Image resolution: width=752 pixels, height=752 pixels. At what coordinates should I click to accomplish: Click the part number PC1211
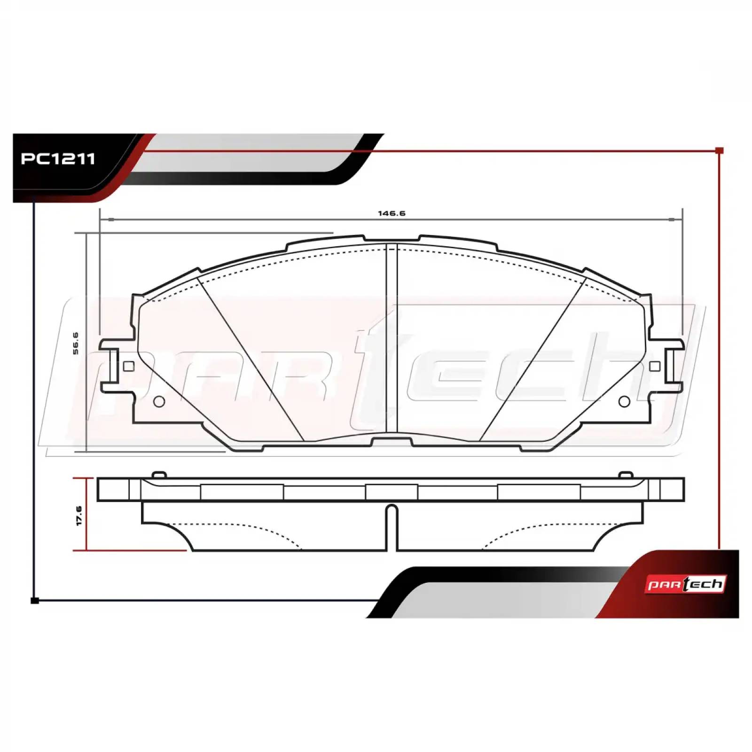click(x=58, y=159)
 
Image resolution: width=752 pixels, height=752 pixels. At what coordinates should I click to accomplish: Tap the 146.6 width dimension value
click(x=392, y=213)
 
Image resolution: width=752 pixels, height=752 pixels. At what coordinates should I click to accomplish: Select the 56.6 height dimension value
click(x=76, y=343)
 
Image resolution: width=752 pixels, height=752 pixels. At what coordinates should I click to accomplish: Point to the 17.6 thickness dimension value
click(x=79, y=516)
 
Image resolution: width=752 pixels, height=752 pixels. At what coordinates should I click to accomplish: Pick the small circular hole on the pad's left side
click(x=159, y=402)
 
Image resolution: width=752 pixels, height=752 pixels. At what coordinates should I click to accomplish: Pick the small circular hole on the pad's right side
click(x=625, y=402)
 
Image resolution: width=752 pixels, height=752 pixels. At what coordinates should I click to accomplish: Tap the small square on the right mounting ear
click(x=654, y=367)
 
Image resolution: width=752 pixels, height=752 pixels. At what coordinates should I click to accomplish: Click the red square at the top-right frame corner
click(x=719, y=150)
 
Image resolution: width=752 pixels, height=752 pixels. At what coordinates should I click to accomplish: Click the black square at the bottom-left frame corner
click(x=34, y=600)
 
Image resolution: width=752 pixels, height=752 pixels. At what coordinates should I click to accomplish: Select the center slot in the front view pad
click(x=392, y=338)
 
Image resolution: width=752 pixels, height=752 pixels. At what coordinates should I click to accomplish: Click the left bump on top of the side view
click(x=159, y=475)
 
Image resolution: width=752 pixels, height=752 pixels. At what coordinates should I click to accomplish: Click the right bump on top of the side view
click(x=626, y=475)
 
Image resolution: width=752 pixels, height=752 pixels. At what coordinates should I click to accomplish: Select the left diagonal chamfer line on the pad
click(x=251, y=360)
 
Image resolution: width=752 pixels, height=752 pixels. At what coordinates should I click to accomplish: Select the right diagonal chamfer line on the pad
click(x=532, y=360)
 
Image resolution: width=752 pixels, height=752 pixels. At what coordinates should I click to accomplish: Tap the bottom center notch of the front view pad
click(x=392, y=442)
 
